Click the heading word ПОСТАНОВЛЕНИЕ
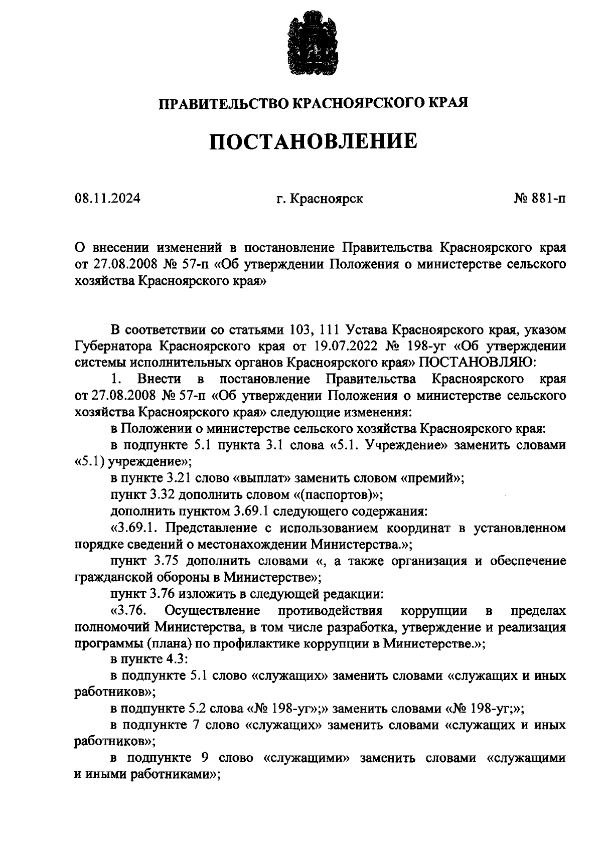tap(313, 142)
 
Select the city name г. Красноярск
tap(320, 199)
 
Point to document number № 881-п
tap(539, 199)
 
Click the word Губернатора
tap(113, 346)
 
